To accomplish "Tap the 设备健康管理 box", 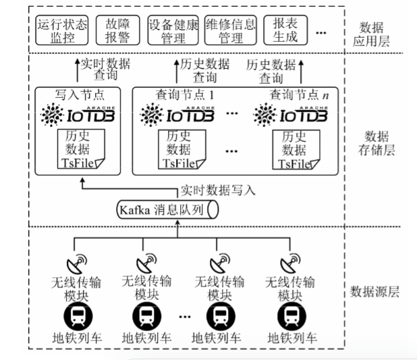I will click(173, 30).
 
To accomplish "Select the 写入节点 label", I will click(79, 95).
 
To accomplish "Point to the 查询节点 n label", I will click(295, 95).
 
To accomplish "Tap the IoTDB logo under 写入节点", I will click(79, 116).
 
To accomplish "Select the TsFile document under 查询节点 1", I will click(180, 149).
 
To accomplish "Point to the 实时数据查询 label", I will click(105, 70).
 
